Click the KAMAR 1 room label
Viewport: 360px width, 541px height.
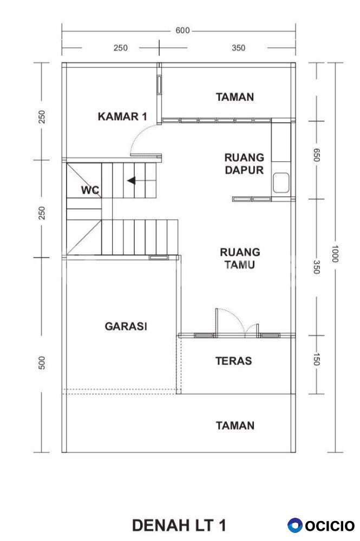click(122, 116)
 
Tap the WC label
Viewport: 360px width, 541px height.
click(90, 190)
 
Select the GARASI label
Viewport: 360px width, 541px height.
click(126, 326)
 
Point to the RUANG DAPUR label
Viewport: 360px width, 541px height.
click(244, 163)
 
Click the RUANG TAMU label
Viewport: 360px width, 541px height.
click(240, 258)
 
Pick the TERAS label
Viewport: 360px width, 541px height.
click(234, 361)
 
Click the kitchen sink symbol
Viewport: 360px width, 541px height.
click(281, 183)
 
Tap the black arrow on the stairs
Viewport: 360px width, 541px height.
click(131, 181)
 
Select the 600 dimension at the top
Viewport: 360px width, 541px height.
click(182, 30)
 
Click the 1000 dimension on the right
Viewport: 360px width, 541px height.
click(335, 254)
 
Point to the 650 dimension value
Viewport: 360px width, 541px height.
click(317, 155)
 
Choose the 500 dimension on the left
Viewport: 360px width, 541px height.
click(42, 363)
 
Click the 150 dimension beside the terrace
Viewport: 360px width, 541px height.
click(317, 359)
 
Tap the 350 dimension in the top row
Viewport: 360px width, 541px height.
click(239, 48)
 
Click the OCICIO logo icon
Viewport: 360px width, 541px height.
click(294, 525)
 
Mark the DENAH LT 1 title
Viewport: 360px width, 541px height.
click(179, 525)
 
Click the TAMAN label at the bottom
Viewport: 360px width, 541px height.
click(235, 425)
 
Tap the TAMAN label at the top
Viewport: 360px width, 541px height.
click(235, 97)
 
